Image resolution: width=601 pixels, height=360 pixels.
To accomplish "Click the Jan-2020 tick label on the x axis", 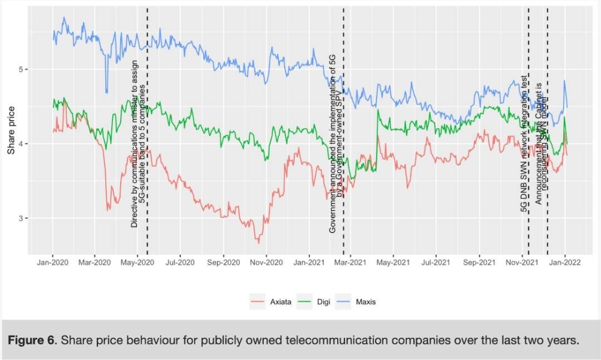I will coord(52,262).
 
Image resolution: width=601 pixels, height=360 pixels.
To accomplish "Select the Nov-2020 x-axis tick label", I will coord(266,262).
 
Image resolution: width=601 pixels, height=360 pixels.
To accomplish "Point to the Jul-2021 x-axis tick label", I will coord(435,262).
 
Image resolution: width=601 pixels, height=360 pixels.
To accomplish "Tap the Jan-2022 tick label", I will coord(565,262).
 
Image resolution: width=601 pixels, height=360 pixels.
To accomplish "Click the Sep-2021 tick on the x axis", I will coord(478,262).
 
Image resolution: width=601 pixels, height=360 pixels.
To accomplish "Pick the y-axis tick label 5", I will coord(21,69).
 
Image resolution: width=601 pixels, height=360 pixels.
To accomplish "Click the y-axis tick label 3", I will coord(21,218).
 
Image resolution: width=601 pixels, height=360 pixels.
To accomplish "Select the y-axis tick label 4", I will coord(21,144).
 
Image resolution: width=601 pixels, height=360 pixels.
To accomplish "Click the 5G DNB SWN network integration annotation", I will coord(524,144).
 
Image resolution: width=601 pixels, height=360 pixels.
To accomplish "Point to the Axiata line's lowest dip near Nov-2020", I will coord(258,242).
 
